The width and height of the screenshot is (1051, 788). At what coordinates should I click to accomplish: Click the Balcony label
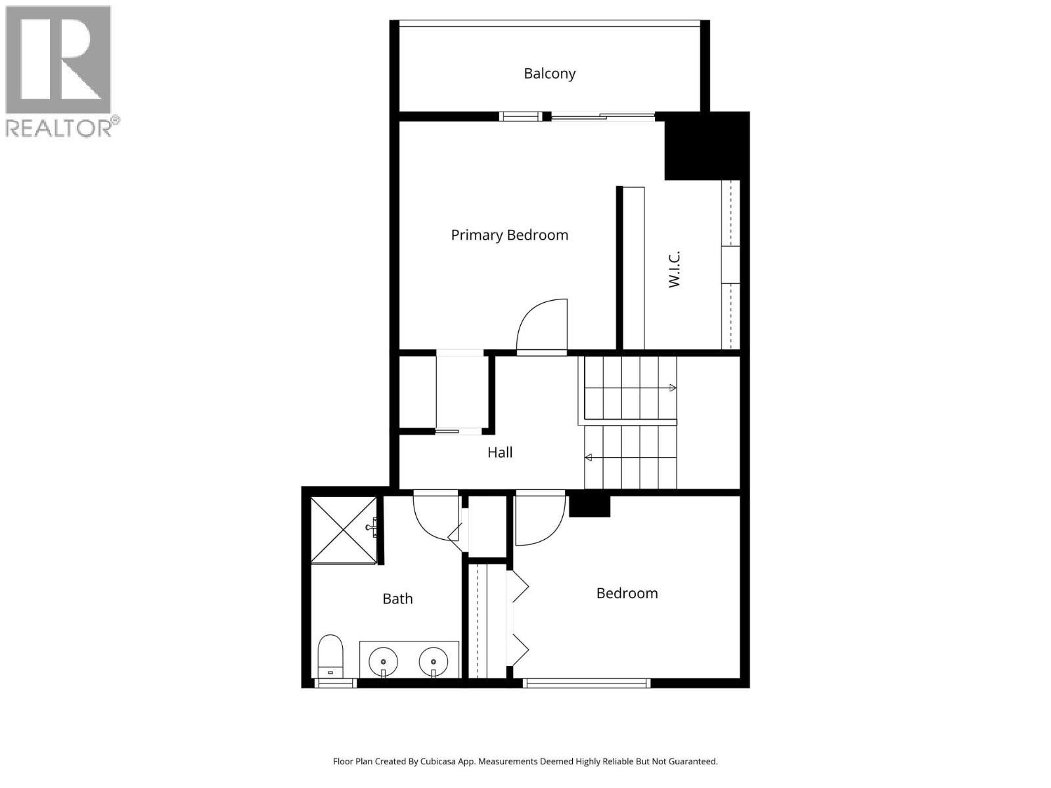tap(549, 74)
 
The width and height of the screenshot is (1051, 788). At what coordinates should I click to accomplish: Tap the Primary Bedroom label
tap(509, 235)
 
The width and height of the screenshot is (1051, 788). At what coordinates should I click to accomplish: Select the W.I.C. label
tap(674, 269)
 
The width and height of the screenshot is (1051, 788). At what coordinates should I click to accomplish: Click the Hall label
tap(500, 452)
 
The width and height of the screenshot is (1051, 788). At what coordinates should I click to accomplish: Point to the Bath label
tap(397, 599)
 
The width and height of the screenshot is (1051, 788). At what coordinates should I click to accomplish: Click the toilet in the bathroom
tap(330, 655)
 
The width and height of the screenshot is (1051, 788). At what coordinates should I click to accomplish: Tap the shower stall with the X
tap(344, 530)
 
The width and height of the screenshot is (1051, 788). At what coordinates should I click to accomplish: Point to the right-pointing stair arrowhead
tap(673, 388)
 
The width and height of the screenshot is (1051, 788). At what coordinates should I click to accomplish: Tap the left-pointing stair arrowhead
tap(589, 458)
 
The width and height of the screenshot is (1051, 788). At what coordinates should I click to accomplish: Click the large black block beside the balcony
tap(706, 146)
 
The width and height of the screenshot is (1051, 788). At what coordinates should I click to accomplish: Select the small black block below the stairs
tap(589, 506)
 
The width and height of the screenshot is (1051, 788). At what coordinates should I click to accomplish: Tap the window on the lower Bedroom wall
tap(587, 683)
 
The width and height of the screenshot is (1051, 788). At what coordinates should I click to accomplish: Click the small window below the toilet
tap(335, 683)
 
